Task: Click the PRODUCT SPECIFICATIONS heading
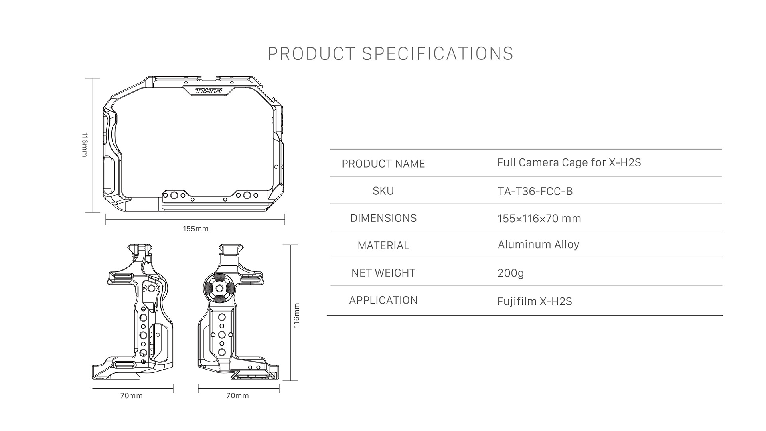pos(391,54)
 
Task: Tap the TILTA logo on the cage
pos(208,91)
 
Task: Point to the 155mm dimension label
pos(195,229)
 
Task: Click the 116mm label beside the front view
pos(84,145)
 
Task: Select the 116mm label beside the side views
pos(296,315)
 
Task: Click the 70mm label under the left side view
pos(132,396)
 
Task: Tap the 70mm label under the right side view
pos(237,396)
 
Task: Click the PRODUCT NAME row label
pos(383,164)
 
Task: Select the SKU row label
pos(383,191)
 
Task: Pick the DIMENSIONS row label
pos(383,218)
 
